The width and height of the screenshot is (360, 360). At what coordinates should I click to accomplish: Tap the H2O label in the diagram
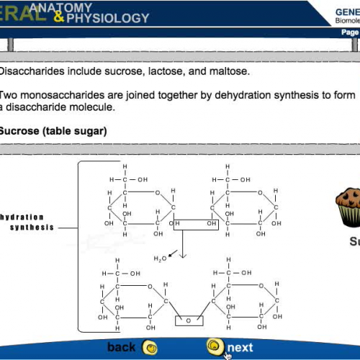(160, 258)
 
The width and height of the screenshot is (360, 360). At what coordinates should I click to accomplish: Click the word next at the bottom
(240, 348)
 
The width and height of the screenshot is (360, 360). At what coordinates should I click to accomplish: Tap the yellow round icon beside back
(150, 348)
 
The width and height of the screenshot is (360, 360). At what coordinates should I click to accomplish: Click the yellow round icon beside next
(214, 346)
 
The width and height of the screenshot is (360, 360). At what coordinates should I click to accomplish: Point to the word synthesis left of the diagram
(32, 228)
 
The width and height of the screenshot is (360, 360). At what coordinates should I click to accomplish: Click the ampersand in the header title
(57, 15)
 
